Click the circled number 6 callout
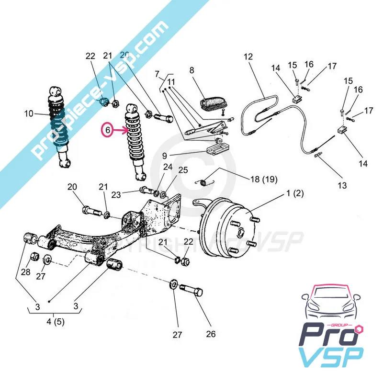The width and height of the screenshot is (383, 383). (108, 130)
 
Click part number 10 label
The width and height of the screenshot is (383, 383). (29, 113)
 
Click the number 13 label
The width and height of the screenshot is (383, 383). (341, 185)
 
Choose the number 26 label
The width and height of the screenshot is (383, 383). (211, 334)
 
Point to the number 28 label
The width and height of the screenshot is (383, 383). (25, 272)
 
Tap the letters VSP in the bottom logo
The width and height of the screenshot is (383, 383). (331, 360)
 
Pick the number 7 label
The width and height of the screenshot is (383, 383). (157, 74)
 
